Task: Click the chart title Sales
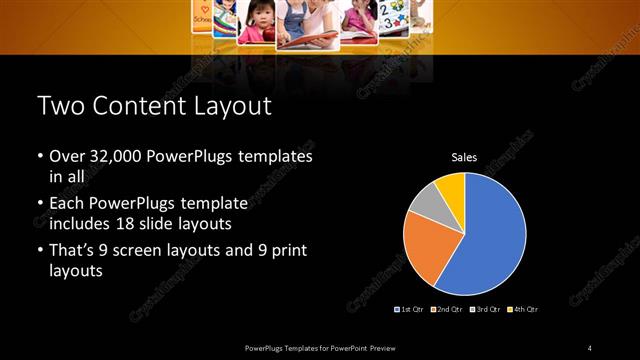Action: [x=464, y=157]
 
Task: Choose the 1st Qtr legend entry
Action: [x=410, y=309]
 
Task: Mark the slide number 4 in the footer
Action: [x=590, y=347]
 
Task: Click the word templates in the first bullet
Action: [x=273, y=157]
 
